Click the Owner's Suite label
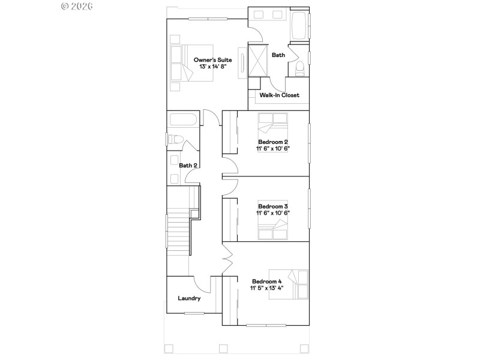coord(212,59)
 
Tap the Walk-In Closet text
coord(279,95)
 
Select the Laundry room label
coord(189,298)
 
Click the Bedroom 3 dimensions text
coord(274,213)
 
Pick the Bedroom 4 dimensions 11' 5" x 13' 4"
coord(266,288)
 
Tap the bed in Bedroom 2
coord(274,126)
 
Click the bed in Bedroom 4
coord(298,284)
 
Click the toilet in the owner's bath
coord(299,68)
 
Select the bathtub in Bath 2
coord(182,120)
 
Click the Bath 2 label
coord(188,165)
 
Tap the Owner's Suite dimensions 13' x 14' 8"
coord(212,67)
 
